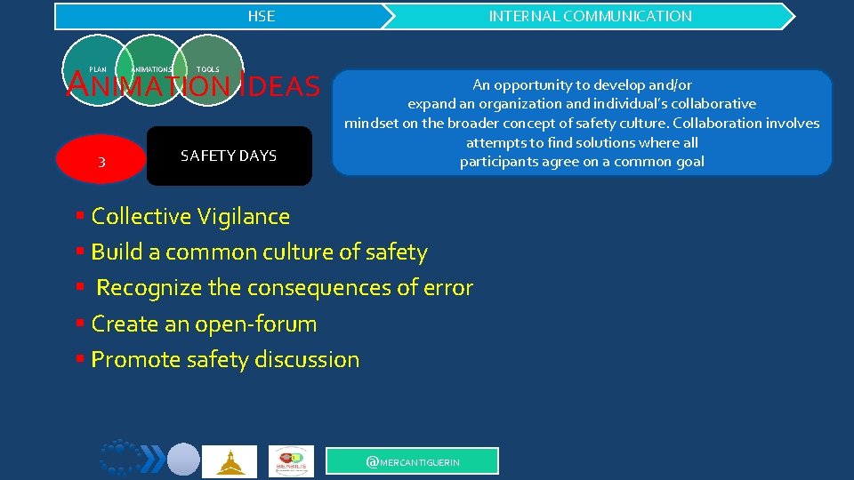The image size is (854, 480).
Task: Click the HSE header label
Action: coord(261,16)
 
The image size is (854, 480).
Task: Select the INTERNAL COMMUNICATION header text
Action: coord(590,16)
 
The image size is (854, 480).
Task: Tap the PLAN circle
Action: coord(98,69)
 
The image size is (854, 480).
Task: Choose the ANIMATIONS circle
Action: coord(150,69)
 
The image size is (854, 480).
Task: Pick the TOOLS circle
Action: coord(207,69)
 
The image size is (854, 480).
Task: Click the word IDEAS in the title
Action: coord(279,87)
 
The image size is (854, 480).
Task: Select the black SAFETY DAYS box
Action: coord(229,156)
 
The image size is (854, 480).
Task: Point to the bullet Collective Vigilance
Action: coord(190,216)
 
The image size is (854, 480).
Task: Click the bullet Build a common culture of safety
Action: coord(259,252)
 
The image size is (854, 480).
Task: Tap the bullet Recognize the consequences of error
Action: coord(284,288)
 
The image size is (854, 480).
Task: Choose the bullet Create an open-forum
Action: coord(204,324)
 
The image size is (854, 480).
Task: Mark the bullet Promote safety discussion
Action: coord(225,360)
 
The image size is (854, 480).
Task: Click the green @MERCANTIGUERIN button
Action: coord(413,461)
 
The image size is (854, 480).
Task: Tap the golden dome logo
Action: coord(230,461)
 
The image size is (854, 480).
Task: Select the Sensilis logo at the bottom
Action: coord(292,460)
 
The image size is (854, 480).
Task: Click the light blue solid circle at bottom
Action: coord(184,459)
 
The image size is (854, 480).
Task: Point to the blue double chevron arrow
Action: coord(153,459)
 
